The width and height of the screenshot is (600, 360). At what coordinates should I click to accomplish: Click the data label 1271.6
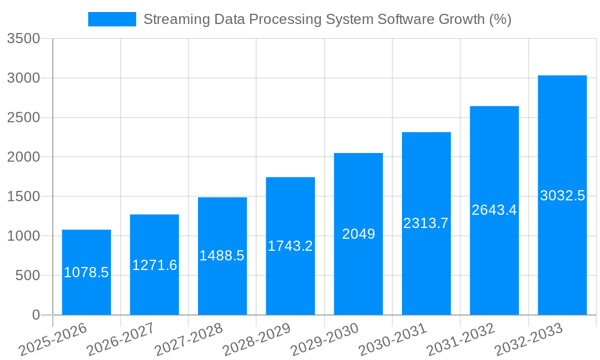(154, 265)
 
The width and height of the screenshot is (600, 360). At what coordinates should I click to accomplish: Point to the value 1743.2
(290, 246)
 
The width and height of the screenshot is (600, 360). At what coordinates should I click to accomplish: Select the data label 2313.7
(426, 224)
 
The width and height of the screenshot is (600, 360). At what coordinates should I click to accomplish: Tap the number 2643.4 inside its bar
(494, 211)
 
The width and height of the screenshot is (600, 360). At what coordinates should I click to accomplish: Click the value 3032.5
(562, 196)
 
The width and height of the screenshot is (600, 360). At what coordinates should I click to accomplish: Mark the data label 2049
(358, 235)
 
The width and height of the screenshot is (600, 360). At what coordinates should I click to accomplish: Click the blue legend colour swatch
(112, 19)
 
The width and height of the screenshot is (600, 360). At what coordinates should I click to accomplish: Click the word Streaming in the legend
(173, 19)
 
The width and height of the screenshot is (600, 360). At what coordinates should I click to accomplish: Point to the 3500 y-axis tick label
(23, 39)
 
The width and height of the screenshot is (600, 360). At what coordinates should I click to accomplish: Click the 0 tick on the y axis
(35, 315)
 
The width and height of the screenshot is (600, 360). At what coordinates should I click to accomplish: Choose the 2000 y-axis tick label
(23, 157)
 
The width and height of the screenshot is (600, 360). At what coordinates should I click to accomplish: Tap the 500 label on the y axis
(27, 275)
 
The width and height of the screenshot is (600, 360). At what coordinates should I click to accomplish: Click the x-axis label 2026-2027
(121, 340)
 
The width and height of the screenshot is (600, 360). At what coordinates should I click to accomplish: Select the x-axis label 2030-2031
(392, 340)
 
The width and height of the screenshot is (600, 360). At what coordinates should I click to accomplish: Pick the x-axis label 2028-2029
(257, 340)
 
